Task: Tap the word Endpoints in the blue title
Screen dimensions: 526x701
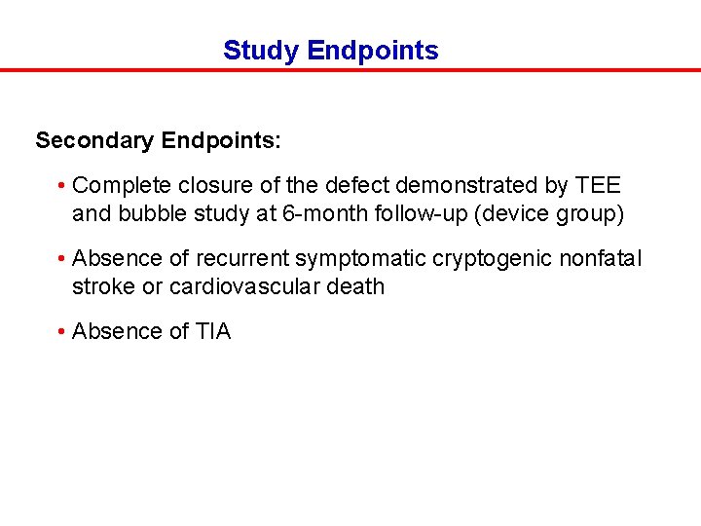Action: [x=372, y=51]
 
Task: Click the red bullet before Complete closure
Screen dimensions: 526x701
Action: [x=60, y=185]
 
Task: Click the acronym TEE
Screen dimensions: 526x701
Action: [x=598, y=185]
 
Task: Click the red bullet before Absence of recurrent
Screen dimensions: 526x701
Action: [x=60, y=258]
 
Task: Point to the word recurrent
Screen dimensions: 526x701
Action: [x=241, y=258]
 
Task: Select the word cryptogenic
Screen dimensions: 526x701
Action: [x=490, y=258]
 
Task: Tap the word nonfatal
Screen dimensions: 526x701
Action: [x=604, y=258]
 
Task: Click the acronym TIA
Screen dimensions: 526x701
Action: [x=213, y=331]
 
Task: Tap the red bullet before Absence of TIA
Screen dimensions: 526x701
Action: [x=60, y=331]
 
